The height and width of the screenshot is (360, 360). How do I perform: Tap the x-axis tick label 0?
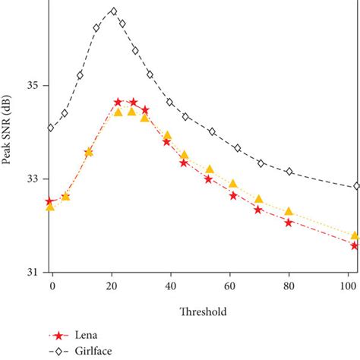coord(52,286)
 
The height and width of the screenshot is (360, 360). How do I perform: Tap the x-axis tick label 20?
coord(111,286)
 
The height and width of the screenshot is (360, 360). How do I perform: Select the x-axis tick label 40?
coord(170,286)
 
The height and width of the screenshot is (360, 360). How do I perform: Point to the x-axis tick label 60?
coord(229,286)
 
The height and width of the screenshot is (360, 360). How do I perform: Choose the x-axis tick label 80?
coord(289,286)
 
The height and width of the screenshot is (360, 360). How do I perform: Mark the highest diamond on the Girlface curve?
coord(114,11)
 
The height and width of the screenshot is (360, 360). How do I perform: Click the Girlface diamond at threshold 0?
coord(51,128)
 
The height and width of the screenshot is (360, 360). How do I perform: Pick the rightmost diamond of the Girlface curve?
coord(356,186)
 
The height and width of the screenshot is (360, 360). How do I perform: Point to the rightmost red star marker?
coord(355,245)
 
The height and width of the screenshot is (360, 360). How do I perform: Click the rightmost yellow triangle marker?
coord(355,235)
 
